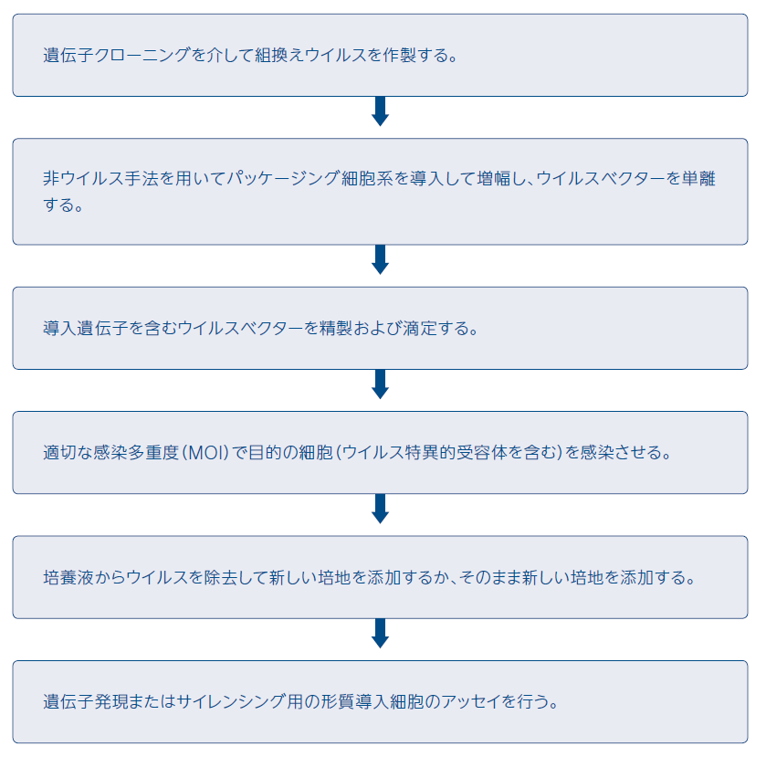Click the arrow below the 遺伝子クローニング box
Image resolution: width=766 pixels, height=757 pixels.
[x=381, y=111]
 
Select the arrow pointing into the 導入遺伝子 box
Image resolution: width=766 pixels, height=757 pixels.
[x=381, y=260]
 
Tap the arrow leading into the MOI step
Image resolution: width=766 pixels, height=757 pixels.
[x=381, y=384]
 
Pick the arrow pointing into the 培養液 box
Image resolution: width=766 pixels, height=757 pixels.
[x=381, y=510]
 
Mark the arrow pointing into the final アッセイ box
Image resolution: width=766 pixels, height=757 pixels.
[x=381, y=634]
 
